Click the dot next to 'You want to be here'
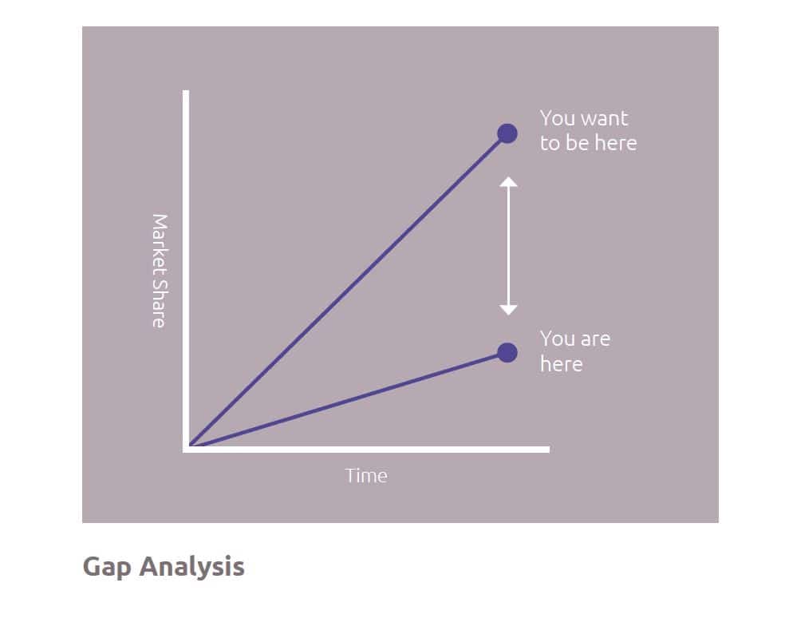coord(507,133)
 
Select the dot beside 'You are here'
coord(507,352)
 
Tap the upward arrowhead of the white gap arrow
coord(508,182)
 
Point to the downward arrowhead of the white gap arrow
coord(508,310)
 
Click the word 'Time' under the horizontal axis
coord(366,476)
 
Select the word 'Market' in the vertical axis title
coord(160,243)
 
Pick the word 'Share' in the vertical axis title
coord(160,303)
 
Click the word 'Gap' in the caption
coord(107,567)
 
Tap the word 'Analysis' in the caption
coord(191,567)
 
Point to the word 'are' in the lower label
coord(595,339)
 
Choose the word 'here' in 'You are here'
coord(561,364)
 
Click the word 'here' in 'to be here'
coord(616,143)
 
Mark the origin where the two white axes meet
coord(186,449)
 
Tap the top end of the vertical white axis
coord(186,91)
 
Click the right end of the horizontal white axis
coord(549,449)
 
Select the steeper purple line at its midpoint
coord(346,290)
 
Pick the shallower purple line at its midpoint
coord(346,400)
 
